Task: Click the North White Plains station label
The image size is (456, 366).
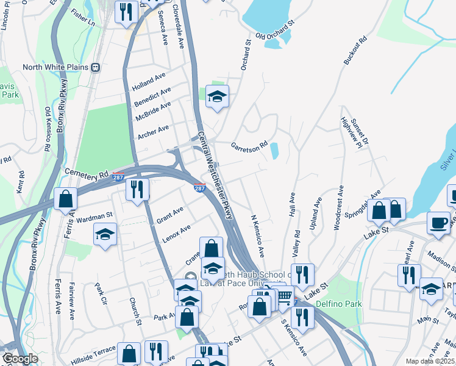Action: [55, 68]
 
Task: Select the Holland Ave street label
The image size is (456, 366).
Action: [149, 82]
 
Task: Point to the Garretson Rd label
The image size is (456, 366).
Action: [249, 146]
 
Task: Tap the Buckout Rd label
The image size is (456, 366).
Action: [356, 51]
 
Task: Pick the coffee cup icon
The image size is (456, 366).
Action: [438, 223]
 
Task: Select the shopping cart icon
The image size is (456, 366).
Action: [284, 297]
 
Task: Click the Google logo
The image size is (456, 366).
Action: [20, 359]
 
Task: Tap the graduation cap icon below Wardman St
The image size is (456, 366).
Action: [105, 234]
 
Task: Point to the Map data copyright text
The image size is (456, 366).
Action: [430, 361]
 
